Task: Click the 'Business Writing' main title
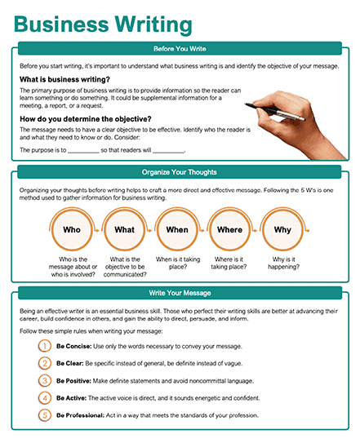point(103,24)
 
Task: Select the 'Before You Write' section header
point(180,48)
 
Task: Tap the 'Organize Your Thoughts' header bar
point(180,172)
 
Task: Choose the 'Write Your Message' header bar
point(180,293)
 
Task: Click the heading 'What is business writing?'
point(64,80)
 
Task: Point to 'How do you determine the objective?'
point(86,119)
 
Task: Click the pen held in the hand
point(274,112)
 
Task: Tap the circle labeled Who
point(72,230)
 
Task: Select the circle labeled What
point(124,230)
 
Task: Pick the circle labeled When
point(177,230)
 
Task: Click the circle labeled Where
point(229,230)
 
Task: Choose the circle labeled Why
point(282,230)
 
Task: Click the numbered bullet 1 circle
point(45,346)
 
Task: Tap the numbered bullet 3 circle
point(45,380)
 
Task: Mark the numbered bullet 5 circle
point(45,415)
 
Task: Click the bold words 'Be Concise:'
point(73,347)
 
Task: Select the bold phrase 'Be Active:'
point(71,398)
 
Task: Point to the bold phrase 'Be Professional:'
point(80,415)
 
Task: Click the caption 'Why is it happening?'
point(283,263)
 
